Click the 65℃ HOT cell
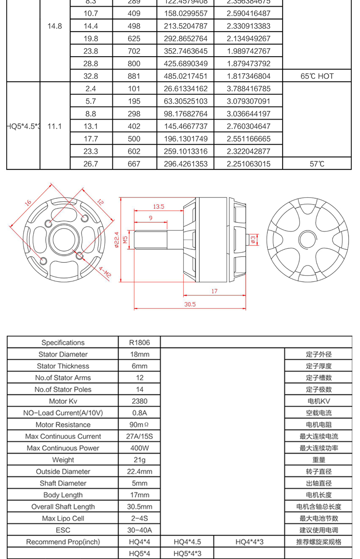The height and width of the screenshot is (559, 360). (317, 76)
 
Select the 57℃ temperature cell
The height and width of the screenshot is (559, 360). (317, 164)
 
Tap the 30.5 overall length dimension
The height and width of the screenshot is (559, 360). (191, 304)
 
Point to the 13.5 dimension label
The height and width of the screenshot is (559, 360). (158, 207)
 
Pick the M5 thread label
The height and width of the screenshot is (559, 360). (125, 239)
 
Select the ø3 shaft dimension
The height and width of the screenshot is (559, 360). (253, 239)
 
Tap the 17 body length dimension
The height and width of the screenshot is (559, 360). (214, 291)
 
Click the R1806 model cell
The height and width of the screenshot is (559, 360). (140, 342)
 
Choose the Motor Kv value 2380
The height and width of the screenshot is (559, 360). (140, 401)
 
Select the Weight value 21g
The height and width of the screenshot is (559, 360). (140, 460)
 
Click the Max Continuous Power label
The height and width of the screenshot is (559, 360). (63, 448)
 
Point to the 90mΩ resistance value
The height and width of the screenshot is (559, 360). (140, 425)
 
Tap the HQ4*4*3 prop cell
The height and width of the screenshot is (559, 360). (250, 542)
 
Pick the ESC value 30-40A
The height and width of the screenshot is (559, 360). (140, 530)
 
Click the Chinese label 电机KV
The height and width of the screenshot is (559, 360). (319, 401)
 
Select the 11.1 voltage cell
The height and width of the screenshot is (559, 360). (55, 126)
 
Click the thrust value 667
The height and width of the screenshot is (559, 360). (134, 164)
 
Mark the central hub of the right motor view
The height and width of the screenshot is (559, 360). (306, 239)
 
